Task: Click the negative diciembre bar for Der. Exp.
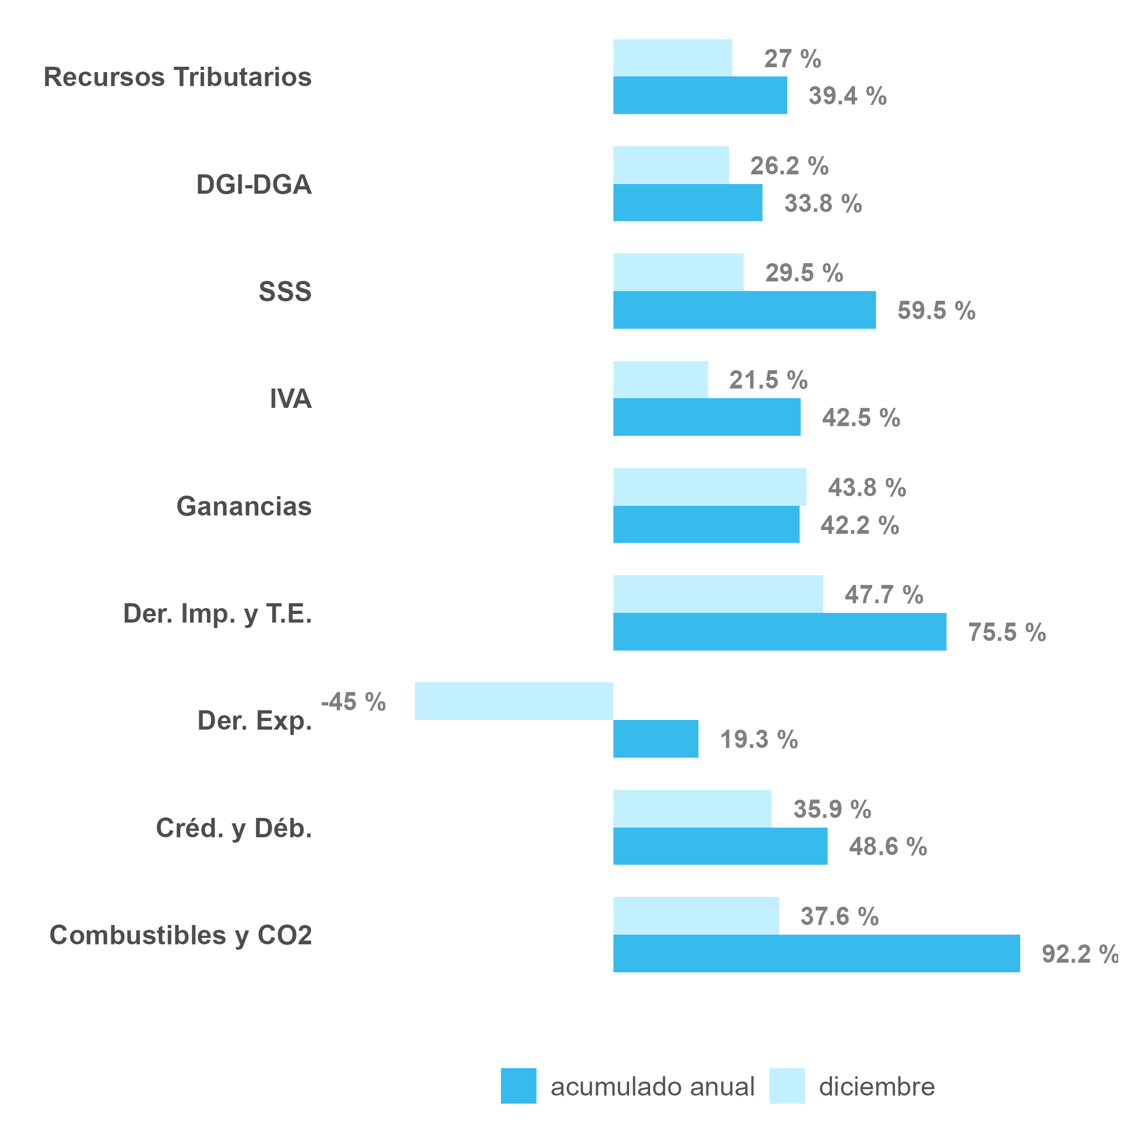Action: (x=513, y=701)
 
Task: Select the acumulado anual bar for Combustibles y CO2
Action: (x=816, y=954)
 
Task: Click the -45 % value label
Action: (x=354, y=702)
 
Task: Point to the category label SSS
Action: (x=285, y=291)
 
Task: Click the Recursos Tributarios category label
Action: (x=177, y=77)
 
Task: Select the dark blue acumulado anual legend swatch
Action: (x=518, y=1086)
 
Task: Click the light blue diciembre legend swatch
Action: (x=787, y=1086)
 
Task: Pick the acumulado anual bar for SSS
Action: (x=744, y=310)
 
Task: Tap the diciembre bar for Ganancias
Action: (x=709, y=486)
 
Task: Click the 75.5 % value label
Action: (x=1007, y=632)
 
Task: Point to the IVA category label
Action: (x=290, y=399)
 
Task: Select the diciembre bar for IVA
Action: (x=660, y=379)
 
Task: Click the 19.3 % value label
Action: (x=759, y=739)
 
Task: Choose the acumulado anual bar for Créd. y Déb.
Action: (x=720, y=846)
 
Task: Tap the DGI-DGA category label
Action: (x=253, y=185)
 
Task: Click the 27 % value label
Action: (x=793, y=59)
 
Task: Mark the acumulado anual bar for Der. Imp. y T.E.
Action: (x=779, y=632)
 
